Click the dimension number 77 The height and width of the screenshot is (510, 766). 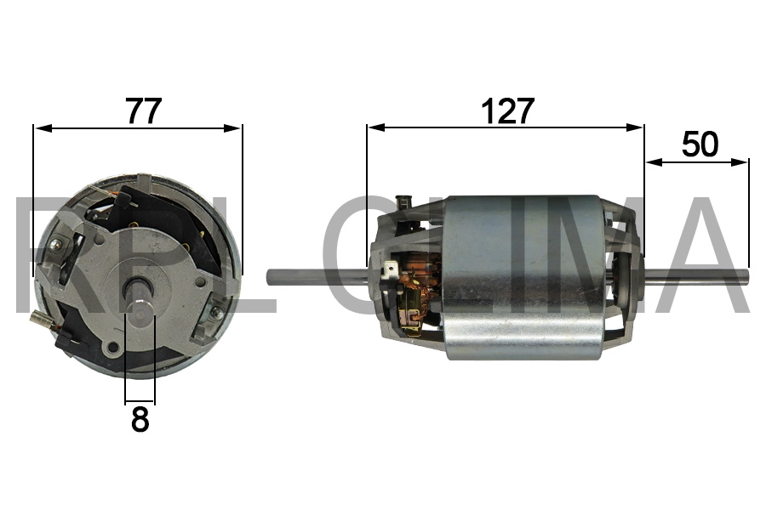pyautogui.click(x=144, y=110)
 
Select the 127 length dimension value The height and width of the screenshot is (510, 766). pyautogui.click(x=507, y=110)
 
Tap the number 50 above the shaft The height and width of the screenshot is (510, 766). pyautogui.click(x=700, y=144)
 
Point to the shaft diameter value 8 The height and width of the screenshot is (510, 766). pyautogui.click(x=140, y=419)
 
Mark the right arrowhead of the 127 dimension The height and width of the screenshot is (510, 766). pyautogui.click(x=634, y=127)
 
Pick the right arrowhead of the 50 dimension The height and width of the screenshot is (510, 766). pyautogui.click(x=739, y=161)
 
